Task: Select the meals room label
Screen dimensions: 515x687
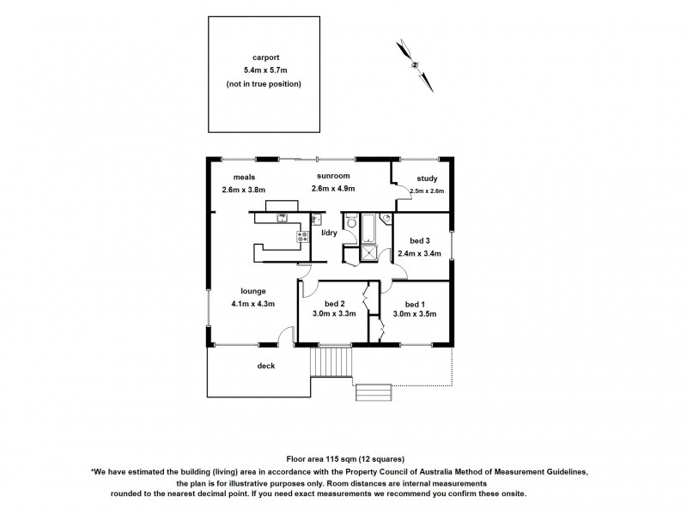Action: (233, 176)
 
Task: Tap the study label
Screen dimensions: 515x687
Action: (426, 179)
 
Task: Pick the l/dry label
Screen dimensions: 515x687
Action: (328, 233)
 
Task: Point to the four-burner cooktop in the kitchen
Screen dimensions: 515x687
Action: (302, 235)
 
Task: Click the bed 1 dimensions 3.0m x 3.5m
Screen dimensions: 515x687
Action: (415, 314)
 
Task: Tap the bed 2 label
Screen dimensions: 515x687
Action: (335, 303)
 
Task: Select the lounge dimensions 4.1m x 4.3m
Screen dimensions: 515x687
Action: (252, 303)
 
